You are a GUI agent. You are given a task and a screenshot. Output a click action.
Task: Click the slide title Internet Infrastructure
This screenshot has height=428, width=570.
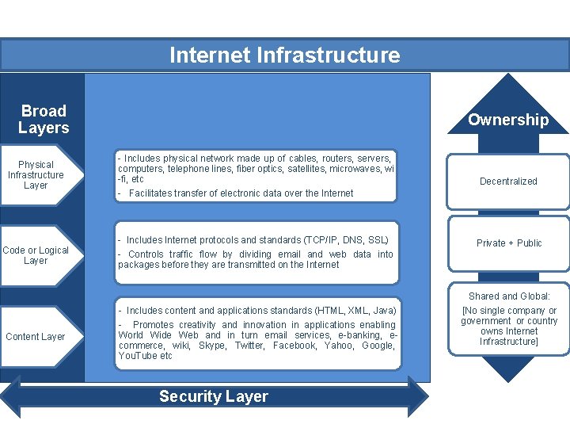(x=284, y=55)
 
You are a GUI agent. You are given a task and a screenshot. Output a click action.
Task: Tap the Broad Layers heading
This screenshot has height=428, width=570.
(x=44, y=119)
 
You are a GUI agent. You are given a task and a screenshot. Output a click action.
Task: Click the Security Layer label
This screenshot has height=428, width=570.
(x=214, y=396)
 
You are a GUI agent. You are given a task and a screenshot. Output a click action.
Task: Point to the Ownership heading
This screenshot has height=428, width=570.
(x=507, y=120)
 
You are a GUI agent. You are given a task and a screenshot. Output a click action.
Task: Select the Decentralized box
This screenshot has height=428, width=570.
(x=508, y=182)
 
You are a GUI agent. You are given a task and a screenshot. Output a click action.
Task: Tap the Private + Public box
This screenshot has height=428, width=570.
(x=508, y=243)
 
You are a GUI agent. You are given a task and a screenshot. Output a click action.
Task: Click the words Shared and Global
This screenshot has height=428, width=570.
(x=509, y=296)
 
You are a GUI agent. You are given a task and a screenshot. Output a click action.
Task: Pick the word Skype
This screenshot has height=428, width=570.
(x=211, y=346)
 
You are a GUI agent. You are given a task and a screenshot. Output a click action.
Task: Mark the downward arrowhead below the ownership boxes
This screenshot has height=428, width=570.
(x=508, y=369)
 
